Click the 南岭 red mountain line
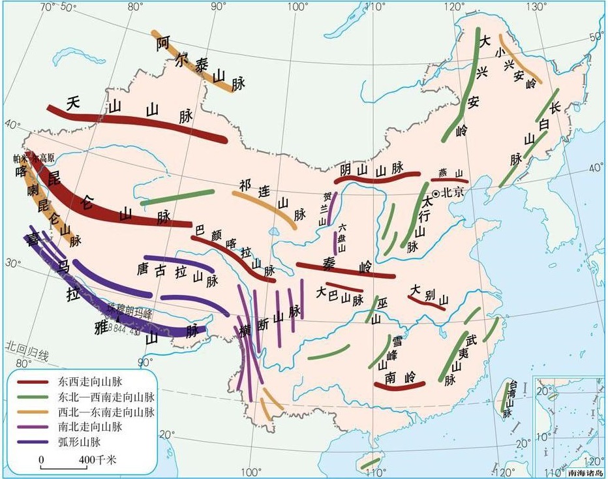click(x=401, y=386)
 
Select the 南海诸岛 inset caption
click(x=585, y=472)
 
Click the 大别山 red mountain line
click(x=427, y=303)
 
